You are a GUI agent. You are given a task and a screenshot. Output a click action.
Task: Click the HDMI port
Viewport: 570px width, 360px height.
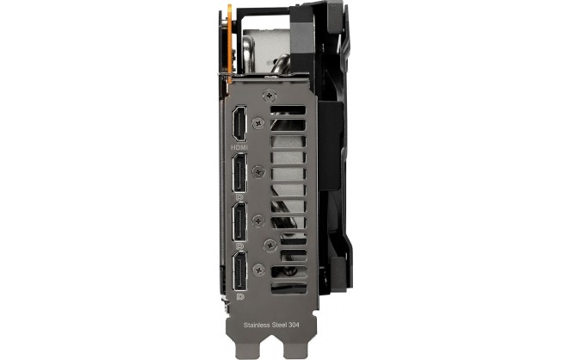(239, 124)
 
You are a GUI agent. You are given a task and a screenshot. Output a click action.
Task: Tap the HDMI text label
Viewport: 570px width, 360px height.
(239, 147)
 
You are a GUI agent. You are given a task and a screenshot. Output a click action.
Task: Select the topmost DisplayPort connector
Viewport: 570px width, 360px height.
(239, 173)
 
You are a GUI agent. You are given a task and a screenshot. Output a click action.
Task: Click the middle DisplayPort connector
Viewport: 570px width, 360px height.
(239, 222)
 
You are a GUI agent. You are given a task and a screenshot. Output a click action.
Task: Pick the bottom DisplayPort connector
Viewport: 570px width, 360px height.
(239, 271)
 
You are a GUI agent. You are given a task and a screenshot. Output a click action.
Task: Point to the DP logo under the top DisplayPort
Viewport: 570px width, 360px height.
(239, 197)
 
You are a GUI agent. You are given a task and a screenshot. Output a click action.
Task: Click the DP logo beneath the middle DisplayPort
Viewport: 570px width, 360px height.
(239, 246)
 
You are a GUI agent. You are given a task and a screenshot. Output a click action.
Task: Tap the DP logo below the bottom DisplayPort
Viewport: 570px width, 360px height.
(240, 297)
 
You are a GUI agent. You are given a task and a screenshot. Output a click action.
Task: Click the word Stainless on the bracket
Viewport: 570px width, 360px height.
(257, 325)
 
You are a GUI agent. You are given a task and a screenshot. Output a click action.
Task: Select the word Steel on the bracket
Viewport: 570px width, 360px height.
(280, 325)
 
